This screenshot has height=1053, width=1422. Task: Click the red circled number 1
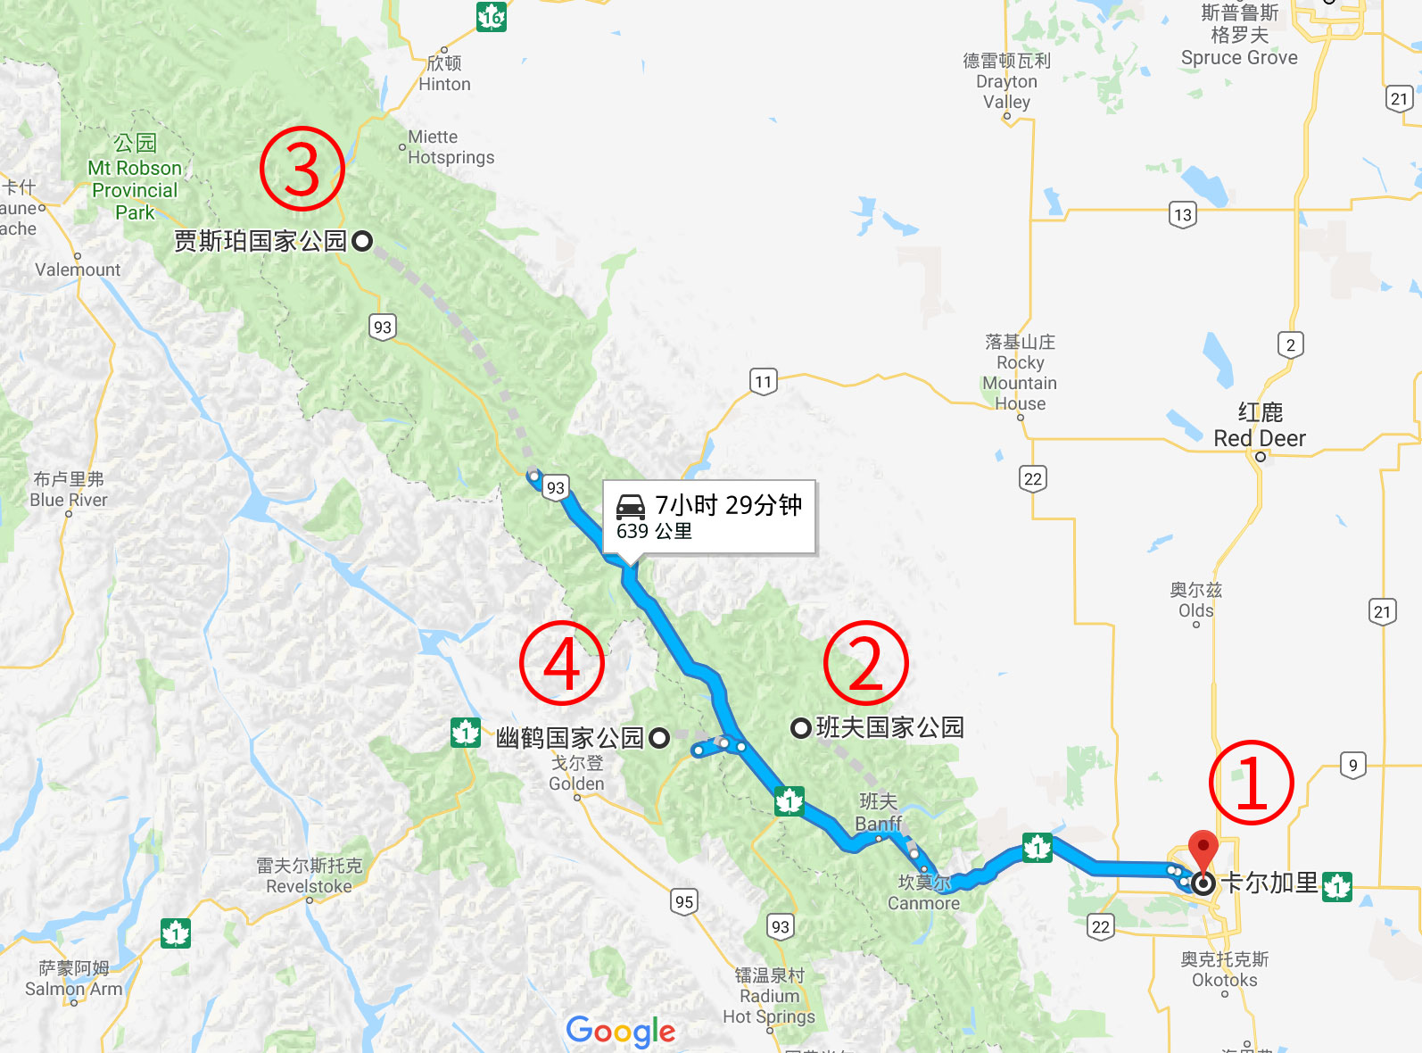[x=1251, y=783]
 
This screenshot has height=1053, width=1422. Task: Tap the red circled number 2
[x=865, y=664]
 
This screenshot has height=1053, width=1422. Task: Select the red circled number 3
[x=302, y=169]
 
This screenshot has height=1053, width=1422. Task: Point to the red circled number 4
[x=562, y=664]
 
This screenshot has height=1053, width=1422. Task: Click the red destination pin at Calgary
[x=1203, y=850]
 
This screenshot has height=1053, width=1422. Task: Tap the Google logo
[x=621, y=1031]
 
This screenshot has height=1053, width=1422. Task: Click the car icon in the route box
[x=631, y=507]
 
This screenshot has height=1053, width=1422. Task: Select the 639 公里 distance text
[x=654, y=532]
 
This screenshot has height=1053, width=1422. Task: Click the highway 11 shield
[x=763, y=382]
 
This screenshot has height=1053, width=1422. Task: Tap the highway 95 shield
[x=684, y=901]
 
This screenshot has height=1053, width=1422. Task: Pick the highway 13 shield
[x=1182, y=215]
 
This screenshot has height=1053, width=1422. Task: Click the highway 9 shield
[x=1352, y=765]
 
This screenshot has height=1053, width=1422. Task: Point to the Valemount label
[x=78, y=269]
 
